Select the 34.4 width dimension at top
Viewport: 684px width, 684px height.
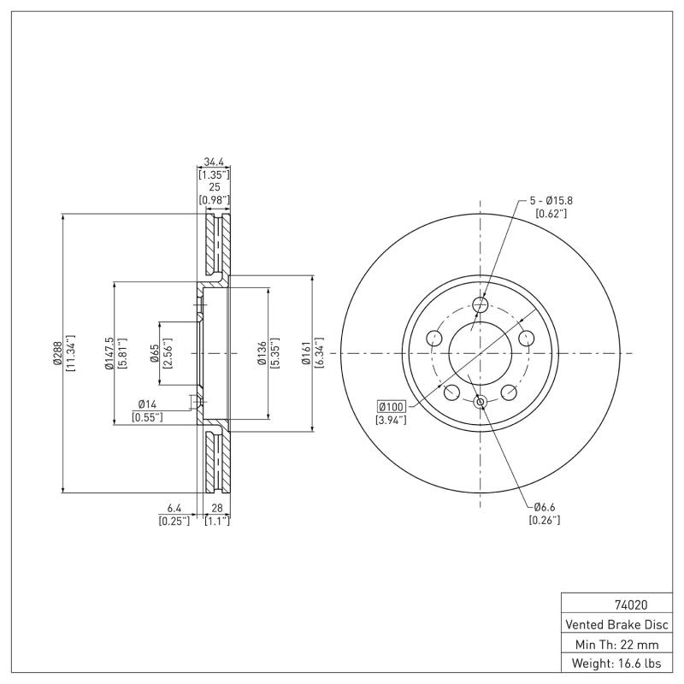point(215,161)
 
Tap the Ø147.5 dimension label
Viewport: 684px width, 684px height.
point(109,353)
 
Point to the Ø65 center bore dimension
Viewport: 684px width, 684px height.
point(155,353)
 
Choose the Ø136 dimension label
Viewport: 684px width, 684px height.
point(262,353)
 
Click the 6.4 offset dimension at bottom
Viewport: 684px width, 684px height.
point(174,508)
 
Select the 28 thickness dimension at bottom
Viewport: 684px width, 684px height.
point(217,508)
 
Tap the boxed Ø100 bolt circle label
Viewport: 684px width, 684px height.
point(389,406)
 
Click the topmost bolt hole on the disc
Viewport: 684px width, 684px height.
point(480,304)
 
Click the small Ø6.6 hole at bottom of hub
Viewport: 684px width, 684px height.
point(480,402)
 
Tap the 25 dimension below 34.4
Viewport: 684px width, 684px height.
point(215,186)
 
